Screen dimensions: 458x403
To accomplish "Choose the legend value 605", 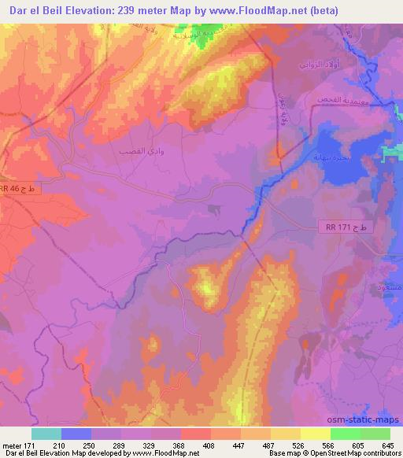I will point(358,445).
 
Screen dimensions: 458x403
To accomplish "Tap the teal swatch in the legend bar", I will point(46,434).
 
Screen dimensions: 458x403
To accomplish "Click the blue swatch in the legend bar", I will point(76,434).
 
